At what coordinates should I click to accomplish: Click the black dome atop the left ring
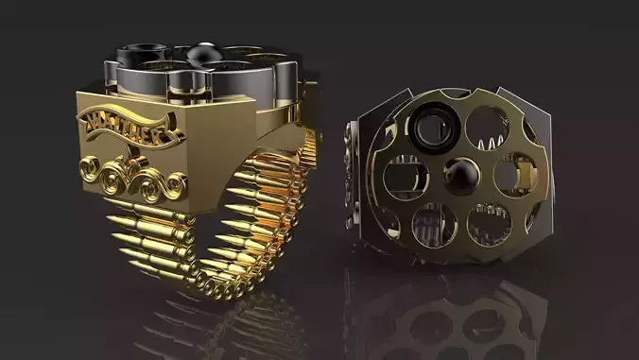click(202, 56)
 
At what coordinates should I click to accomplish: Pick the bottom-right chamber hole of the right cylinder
click(489, 222)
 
